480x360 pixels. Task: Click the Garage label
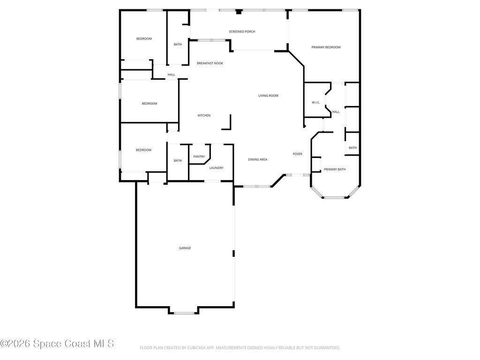click(185, 248)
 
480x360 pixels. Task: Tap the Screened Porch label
click(242, 31)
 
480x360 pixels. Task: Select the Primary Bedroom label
click(326, 47)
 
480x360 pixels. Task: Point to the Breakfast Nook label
click(210, 63)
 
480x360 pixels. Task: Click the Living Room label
click(268, 96)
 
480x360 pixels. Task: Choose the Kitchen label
click(204, 115)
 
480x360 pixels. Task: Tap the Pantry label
click(199, 157)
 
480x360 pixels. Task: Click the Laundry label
click(216, 168)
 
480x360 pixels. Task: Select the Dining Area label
click(257, 159)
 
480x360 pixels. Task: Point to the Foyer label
click(297, 154)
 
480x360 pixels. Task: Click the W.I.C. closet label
click(315, 102)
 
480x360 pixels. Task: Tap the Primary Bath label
click(335, 169)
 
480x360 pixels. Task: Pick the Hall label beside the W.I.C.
click(336, 112)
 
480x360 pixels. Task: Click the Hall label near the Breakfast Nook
click(171, 75)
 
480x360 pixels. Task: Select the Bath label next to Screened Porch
click(178, 45)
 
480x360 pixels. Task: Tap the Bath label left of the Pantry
click(178, 160)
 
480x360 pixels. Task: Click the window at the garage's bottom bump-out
click(184, 313)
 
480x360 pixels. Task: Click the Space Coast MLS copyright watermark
click(57, 344)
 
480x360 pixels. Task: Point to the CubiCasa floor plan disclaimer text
click(240, 348)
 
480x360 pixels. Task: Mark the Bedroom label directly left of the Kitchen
click(150, 104)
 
